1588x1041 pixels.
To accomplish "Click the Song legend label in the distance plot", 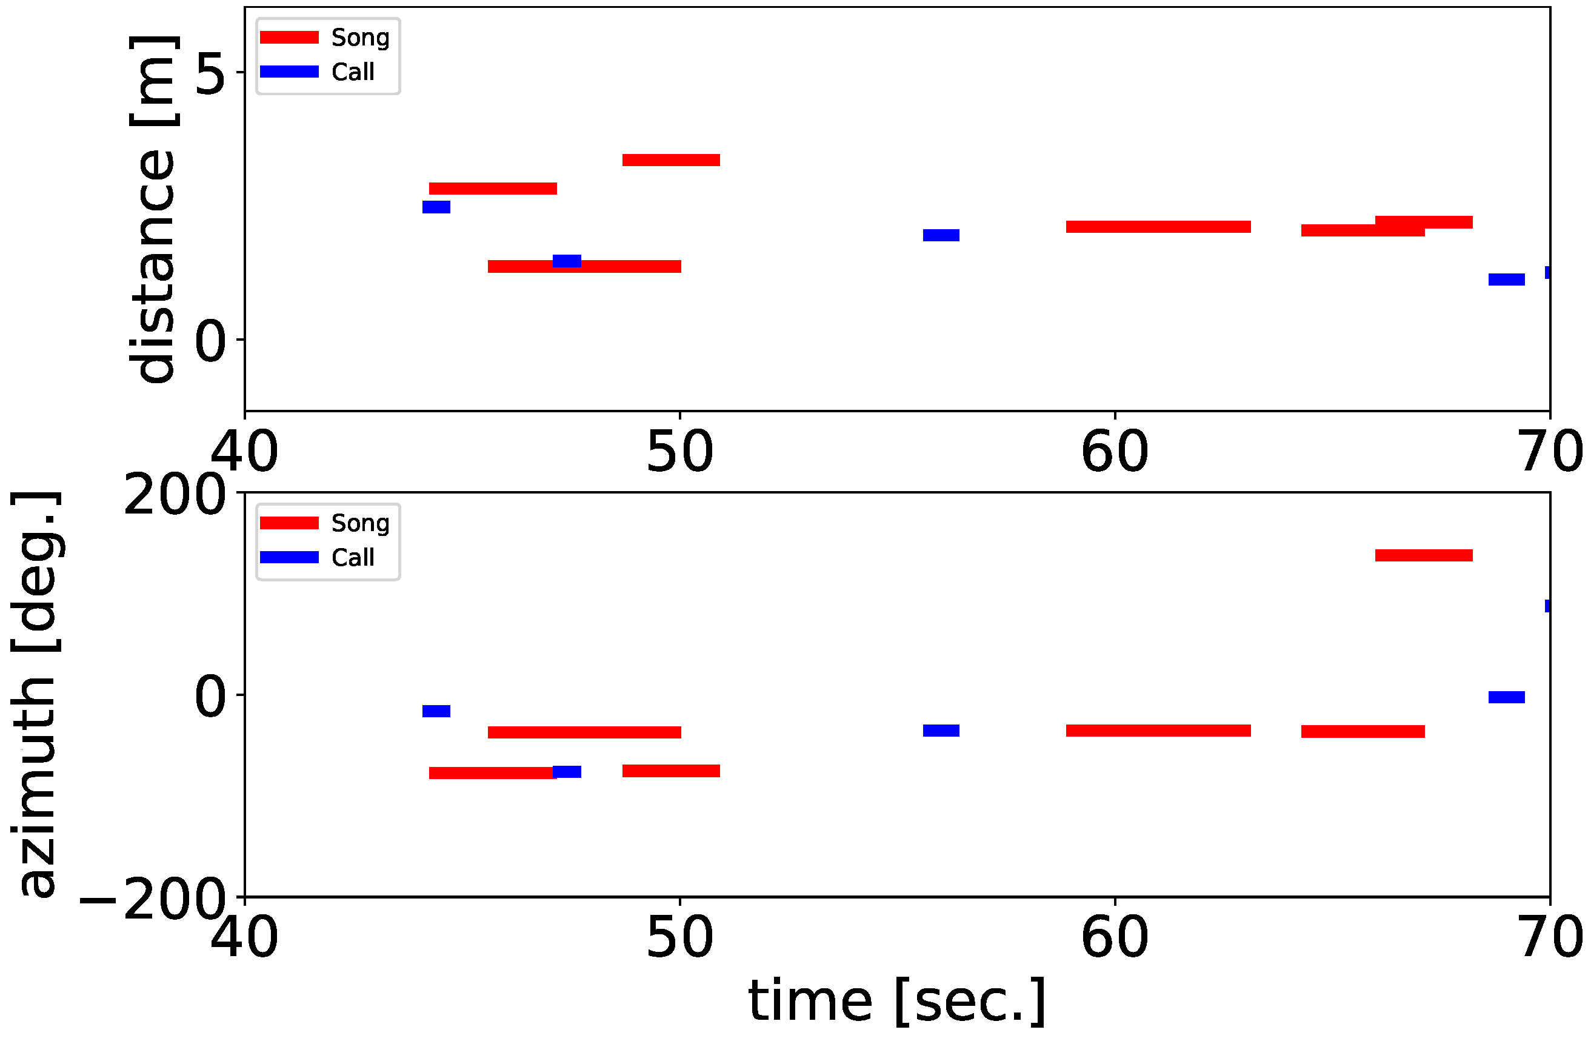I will tap(359, 38).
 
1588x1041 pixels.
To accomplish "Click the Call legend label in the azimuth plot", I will tap(352, 557).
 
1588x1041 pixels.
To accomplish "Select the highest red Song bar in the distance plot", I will tap(670, 160).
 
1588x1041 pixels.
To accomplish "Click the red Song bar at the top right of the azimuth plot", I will tap(1423, 555).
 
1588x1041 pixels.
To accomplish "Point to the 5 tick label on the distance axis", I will tap(210, 73).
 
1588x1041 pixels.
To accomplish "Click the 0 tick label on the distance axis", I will tap(210, 340).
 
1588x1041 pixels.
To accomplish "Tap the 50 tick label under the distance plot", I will tap(679, 452).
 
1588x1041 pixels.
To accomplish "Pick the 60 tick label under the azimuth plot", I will tap(1114, 937).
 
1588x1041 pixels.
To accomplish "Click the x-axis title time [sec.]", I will tap(896, 1001).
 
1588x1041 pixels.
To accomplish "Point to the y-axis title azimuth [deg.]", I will tap(37, 694).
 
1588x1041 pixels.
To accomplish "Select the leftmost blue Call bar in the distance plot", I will tap(436, 207).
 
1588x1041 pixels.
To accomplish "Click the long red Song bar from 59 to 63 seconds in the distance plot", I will tap(1158, 227).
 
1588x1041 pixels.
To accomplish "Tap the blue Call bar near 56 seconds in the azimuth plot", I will tap(941, 731).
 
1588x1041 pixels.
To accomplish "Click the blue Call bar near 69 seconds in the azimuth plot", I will tap(1507, 697).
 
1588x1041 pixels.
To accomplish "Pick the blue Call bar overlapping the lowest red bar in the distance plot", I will tap(567, 261).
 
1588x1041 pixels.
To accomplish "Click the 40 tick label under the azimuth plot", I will tap(244, 937).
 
